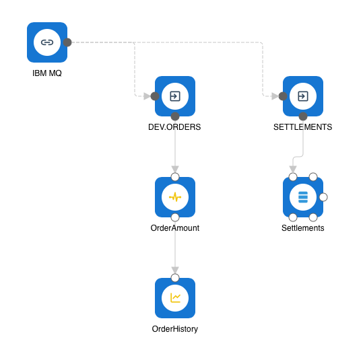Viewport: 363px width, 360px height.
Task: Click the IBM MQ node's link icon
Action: click(47, 42)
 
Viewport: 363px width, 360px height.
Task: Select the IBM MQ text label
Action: click(47, 73)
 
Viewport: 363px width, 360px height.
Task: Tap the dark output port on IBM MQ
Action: click(67, 42)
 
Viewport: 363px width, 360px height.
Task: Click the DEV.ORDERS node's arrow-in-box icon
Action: click(175, 96)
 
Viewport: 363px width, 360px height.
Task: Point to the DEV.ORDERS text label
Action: click(174, 127)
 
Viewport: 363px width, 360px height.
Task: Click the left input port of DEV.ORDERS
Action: click(155, 96)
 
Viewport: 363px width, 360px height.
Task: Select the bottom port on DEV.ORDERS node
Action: click(175, 116)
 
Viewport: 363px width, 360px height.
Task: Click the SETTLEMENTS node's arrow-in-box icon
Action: click(303, 96)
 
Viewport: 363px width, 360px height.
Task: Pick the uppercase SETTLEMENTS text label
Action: click(303, 127)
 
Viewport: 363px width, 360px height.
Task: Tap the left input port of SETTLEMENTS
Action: click(283, 96)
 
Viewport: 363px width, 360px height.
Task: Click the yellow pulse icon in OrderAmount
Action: click(175, 197)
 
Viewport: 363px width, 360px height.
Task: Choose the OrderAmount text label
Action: click(175, 228)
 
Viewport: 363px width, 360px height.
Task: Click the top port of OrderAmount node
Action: click(175, 177)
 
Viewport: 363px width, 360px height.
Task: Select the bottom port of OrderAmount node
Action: click(175, 217)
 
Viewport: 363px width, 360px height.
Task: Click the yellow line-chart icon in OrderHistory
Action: click(175, 298)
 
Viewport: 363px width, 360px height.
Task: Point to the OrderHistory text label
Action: click(175, 329)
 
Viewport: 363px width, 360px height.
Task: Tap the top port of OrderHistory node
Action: click(175, 278)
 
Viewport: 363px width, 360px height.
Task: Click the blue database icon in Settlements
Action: click(303, 197)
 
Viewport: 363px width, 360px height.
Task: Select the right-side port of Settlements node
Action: click(323, 197)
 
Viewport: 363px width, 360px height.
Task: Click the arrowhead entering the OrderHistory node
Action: click(175, 271)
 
